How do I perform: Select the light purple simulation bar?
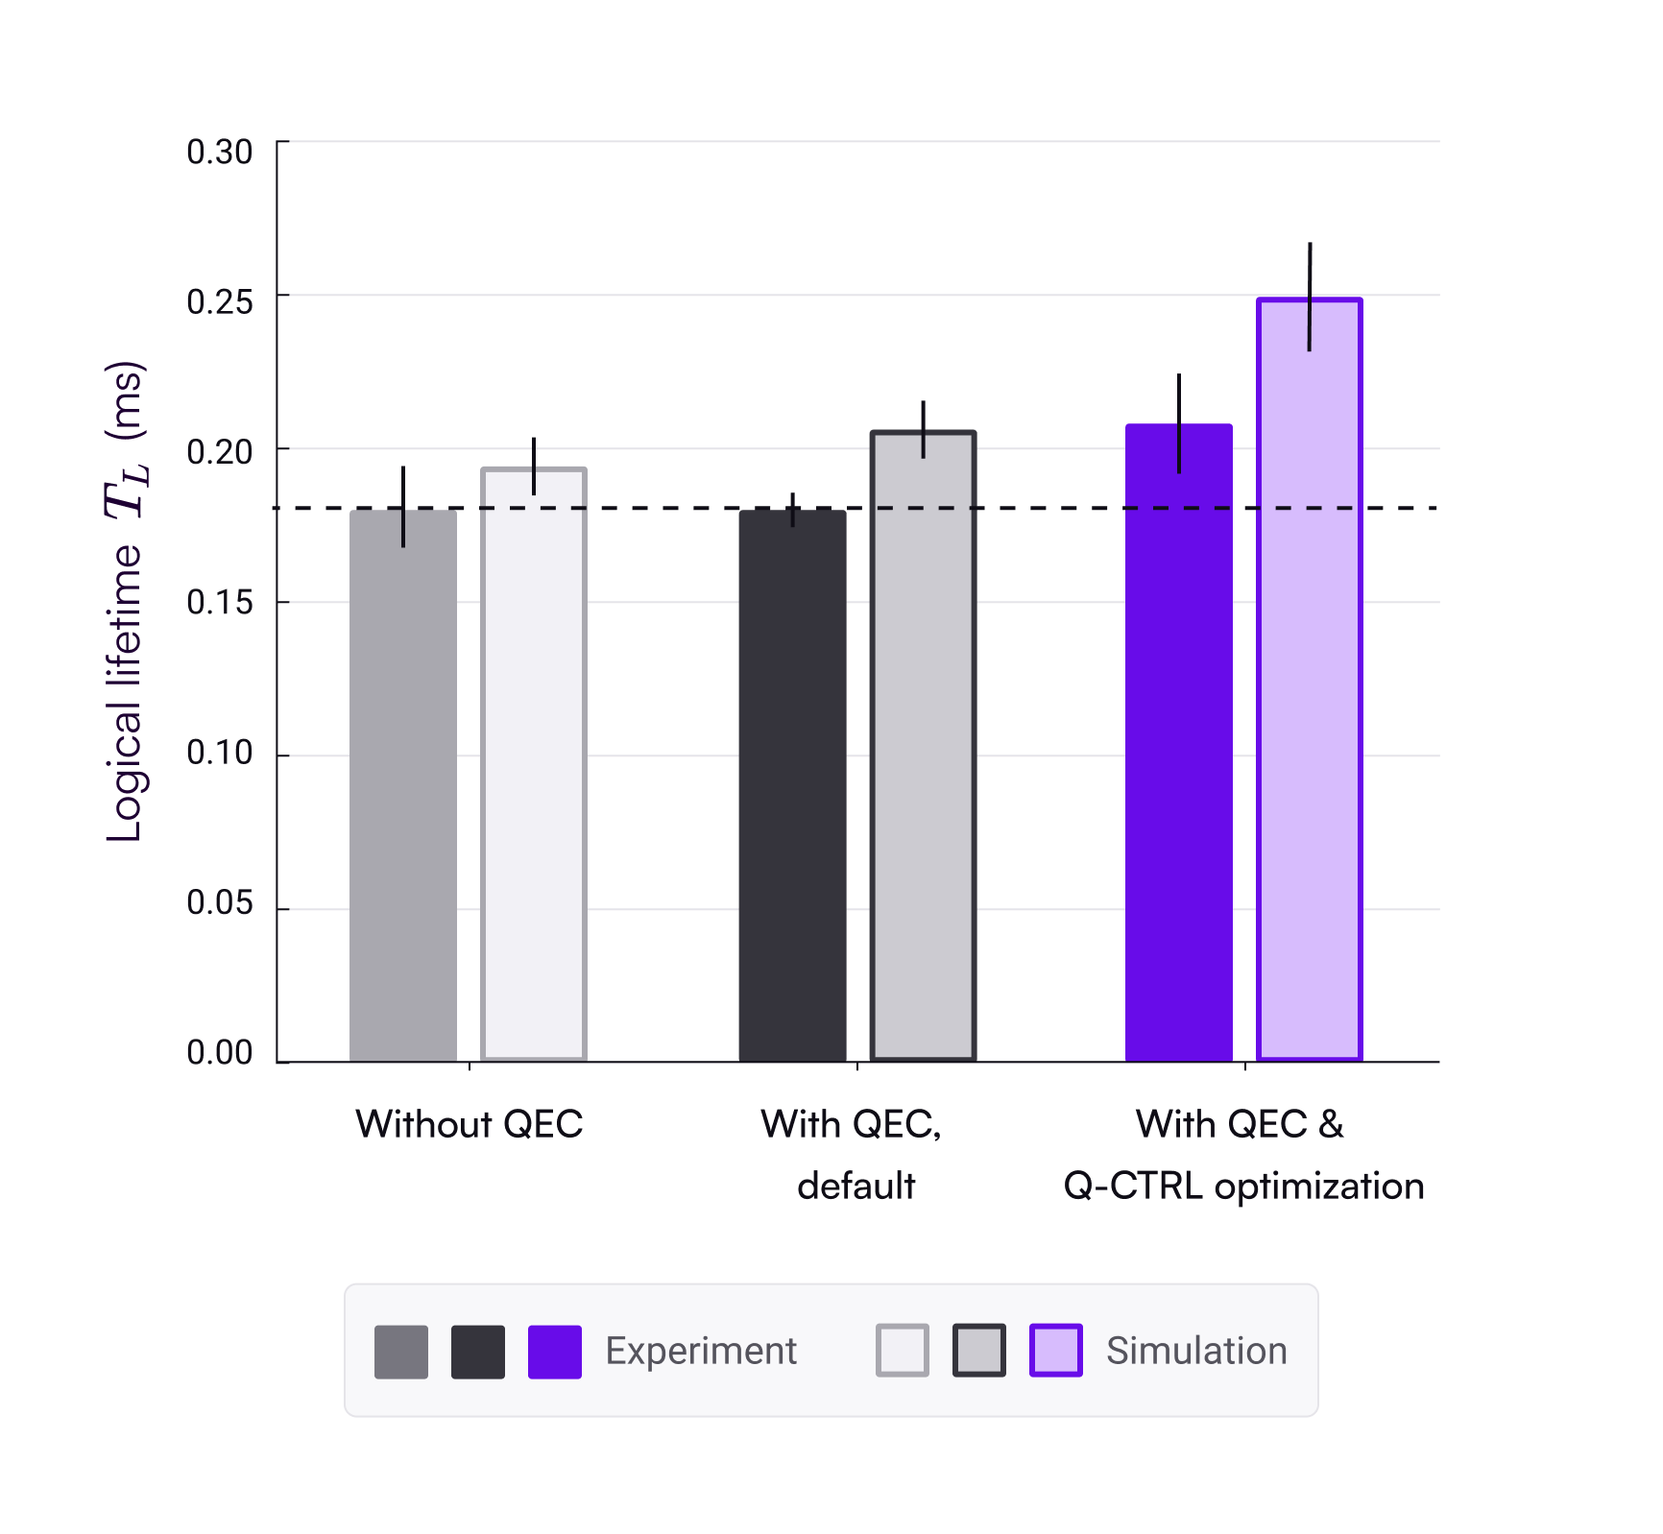tap(1309, 691)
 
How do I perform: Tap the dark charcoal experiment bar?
tap(792, 787)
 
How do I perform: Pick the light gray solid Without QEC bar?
tap(403, 787)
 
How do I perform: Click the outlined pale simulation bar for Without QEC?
tap(534, 768)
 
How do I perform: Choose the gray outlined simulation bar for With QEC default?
tap(923, 749)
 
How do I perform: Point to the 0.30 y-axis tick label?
tap(219, 152)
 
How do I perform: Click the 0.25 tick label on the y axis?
tap(219, 302)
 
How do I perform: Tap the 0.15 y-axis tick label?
tap(219, 603)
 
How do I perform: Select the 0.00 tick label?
tap(219, 1053)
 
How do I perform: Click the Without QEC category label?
tap(469, 1124)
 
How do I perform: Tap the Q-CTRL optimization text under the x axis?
tap(1243, 1186)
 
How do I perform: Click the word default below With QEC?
tap(856, 1186)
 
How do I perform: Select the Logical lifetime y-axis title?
tap(126, 602)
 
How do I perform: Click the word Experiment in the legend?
tap(701, 1351)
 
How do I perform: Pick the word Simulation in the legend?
tap(1195, 1351)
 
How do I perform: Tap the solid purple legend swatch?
tap(554, 1352)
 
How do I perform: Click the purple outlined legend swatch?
tap(1055, 1351)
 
